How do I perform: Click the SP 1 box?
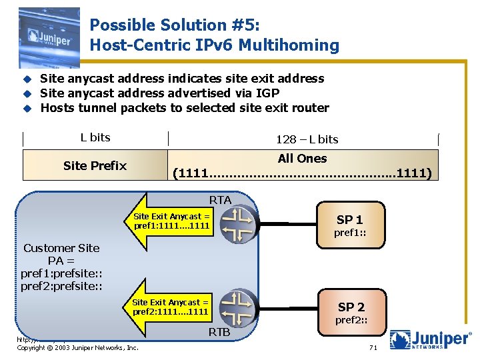click(x=349, y=225)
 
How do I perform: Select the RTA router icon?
click(x=238, y=225)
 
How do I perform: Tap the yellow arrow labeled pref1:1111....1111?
click(x=170, y=221)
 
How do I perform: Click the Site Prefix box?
click(x=95, y=165)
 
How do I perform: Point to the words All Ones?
click(x=302, y=158)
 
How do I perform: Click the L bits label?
click(x=95, y=137)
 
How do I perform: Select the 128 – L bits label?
click(x=307, y=139)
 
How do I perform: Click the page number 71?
click(x=374, y=348)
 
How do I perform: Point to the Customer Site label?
click(x=61, y=248)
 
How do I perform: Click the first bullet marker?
click(x=27, y=79)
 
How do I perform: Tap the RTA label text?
click(x=220, y=199)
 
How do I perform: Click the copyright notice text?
click(x=77, y=348)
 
